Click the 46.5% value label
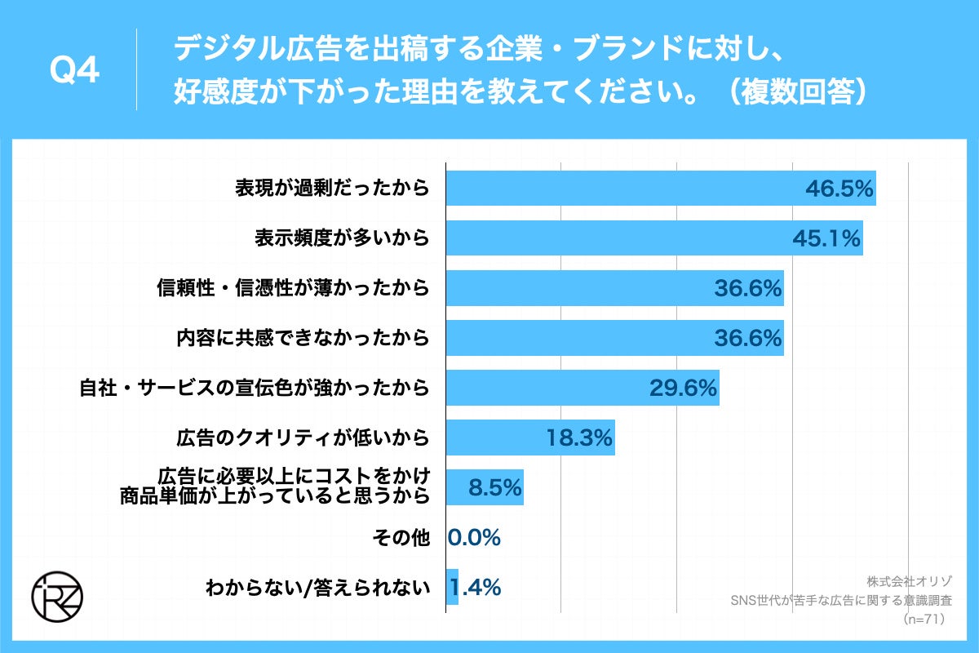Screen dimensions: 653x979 point(839,189)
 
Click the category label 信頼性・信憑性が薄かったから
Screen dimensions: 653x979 point(293,288)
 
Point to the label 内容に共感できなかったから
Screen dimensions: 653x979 point(303,338)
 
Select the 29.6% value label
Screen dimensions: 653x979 point(683,388)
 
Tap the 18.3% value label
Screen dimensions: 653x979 point(578,438)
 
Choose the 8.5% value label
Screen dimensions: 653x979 point(494,488)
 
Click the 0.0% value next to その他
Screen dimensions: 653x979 point(474,537)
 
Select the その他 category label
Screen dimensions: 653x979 point(400,538)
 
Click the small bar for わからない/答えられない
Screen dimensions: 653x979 point(452,587)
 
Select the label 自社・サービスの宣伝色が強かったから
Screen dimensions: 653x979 point(254,389)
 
